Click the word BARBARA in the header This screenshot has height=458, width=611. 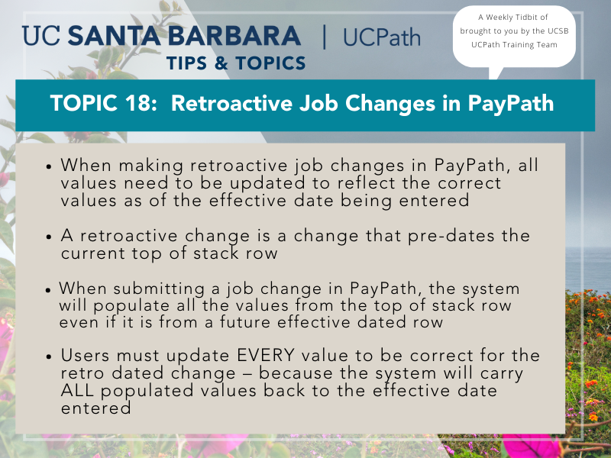click(x=234, y=36)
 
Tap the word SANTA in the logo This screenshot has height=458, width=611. click(x=114, y=36)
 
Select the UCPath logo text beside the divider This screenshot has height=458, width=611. click(x=382, y=37)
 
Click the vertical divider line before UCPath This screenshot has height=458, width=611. click(x=324, y=37)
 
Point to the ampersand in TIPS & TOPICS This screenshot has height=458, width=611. click(x=221, y=63)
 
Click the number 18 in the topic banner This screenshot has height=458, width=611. click(x=138, y=103)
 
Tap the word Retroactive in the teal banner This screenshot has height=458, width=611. click(x=231, y=103)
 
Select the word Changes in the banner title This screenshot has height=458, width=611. click(x=390, y=104)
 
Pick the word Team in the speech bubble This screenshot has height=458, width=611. click(x=547, y=45)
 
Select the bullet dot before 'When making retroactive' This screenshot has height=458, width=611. click(x=49, y=166)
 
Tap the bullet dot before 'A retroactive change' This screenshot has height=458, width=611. click(x=49, y=237)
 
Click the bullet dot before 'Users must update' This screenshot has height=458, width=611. click(x=49, y=356)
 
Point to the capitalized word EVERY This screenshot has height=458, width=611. click(x=265, y=355)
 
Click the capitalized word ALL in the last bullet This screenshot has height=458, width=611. click(x=78, y=391)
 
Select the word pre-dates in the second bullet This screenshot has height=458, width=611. click(x=451, y=237)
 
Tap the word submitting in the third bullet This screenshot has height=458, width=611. click(x=159, y=289)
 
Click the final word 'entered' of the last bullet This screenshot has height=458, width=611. click(x=96, y=408)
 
